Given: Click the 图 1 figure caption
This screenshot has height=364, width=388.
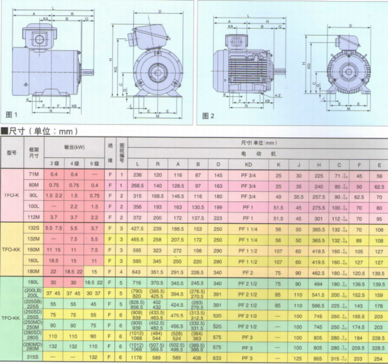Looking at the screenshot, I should click(12, 115).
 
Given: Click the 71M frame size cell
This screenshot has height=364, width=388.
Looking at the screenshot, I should click(34, 174).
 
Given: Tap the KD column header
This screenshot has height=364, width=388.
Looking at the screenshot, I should click(249, 164).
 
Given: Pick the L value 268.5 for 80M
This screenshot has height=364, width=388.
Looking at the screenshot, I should click(138, 186).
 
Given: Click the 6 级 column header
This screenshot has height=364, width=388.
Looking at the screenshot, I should click(95, 164).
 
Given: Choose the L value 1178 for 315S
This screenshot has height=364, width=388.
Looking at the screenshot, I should click(138, 358).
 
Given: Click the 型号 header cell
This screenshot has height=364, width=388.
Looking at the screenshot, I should click(12, 152).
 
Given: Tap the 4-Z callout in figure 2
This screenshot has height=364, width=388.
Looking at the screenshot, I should click(277, 96).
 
